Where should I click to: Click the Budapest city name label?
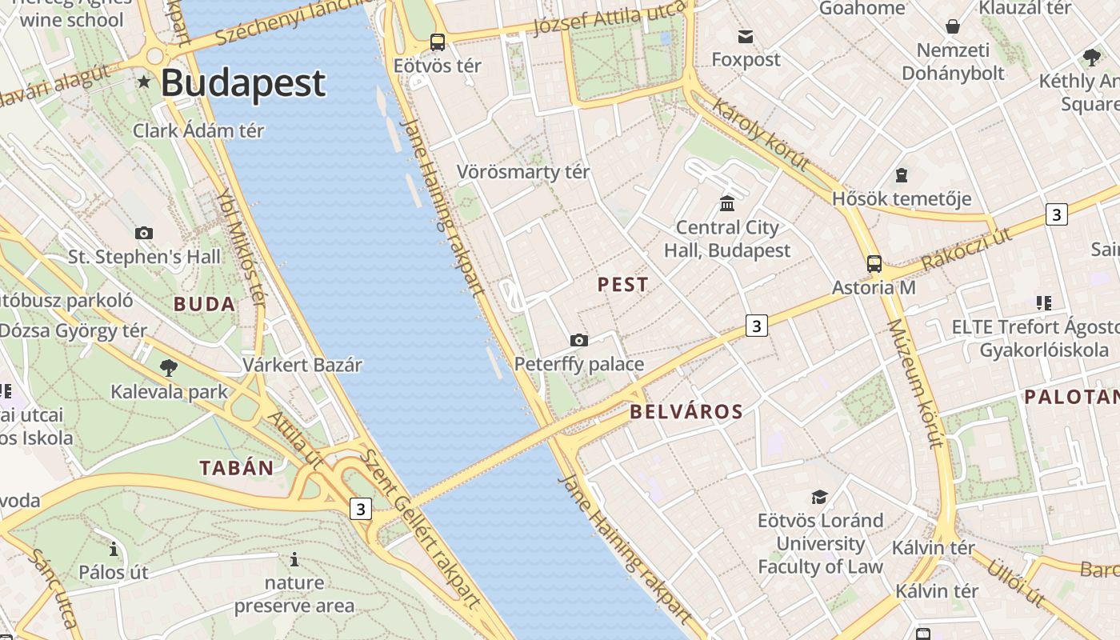[243, 83]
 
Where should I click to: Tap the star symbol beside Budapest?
[144, 82]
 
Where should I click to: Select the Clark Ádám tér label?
[198, 130]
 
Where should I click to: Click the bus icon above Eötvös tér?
[438, 42]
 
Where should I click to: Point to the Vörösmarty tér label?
[523, 172]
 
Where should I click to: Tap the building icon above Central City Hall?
[727, 204]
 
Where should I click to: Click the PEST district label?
[623, 285]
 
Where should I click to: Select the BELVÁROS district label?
[686, 412]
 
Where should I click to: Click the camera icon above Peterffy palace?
[579, 341]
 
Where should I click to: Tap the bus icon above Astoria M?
[874, 263]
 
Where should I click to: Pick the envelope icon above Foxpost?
[746, 36]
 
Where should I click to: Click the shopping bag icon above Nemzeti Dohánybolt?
[953, 26]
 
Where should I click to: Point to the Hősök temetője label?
[902, 198]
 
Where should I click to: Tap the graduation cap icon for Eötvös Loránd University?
[819, 498]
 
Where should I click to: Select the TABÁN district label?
[237, 468]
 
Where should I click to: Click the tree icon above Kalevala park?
[169, 368]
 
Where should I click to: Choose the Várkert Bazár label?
[302, 366]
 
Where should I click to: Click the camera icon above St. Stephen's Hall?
[144, 234]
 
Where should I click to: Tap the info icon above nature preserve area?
[294, 559]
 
